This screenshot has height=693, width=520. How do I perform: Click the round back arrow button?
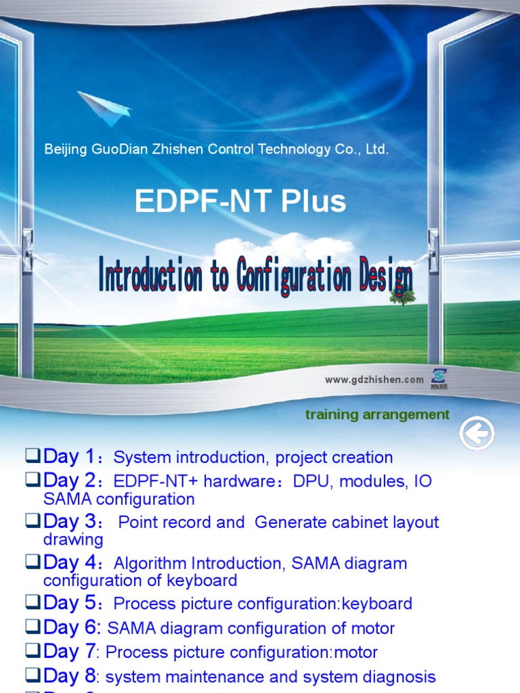477,434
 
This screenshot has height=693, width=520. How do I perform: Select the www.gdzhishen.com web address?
374,380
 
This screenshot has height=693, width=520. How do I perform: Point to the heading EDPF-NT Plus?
240,201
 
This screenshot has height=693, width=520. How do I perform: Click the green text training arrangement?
377,415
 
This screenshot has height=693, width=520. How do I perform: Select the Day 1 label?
70,457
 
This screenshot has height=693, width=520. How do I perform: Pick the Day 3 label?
70,522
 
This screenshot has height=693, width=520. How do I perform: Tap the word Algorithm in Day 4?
146,563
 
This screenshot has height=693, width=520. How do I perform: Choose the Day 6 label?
70,627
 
